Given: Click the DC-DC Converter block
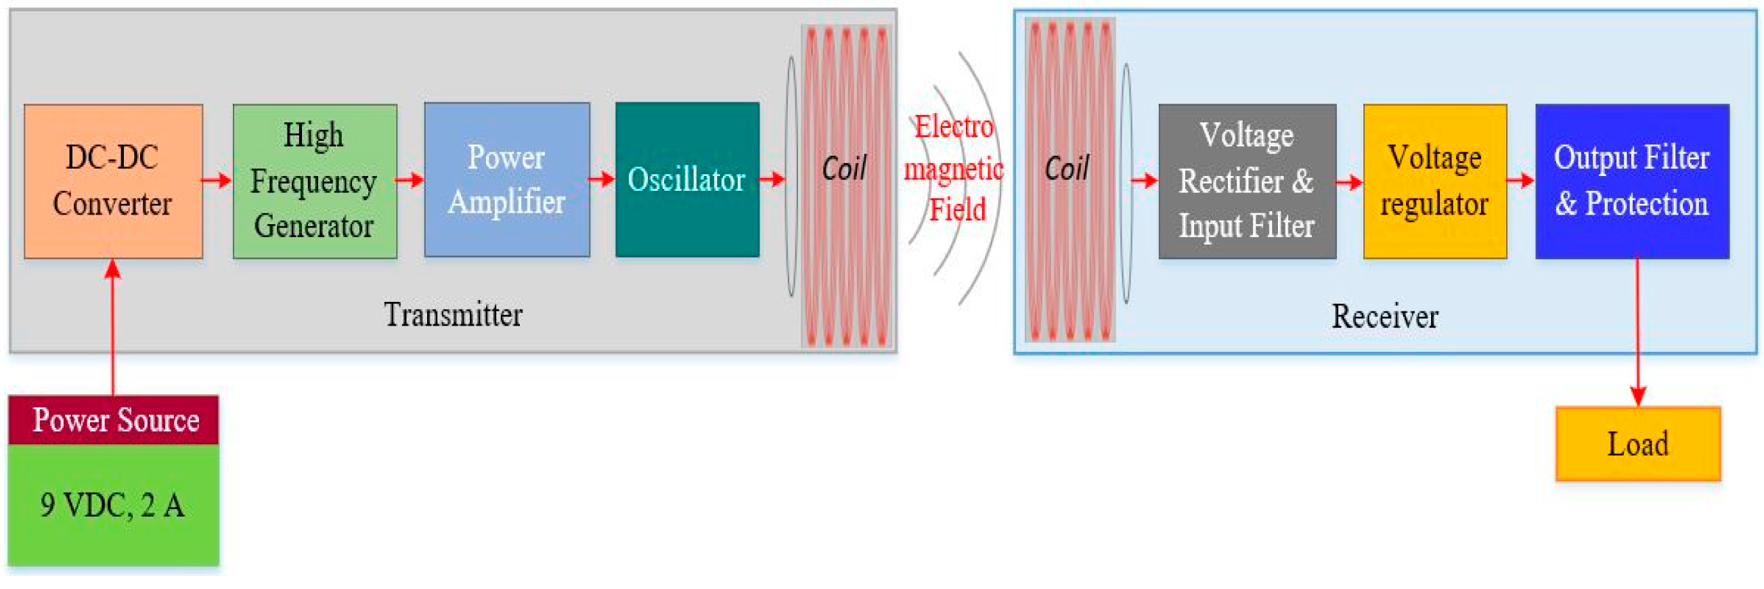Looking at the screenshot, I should click(113, 181).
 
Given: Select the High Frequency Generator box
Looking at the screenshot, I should click(314, 181).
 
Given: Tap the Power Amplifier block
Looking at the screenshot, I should click(507, 179).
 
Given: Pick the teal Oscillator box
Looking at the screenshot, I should click(687, 179).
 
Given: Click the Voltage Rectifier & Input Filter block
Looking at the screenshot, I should click(1246, 181).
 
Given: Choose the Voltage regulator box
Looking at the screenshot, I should click(1434, 181).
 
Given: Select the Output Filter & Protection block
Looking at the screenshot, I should click(1632, 181).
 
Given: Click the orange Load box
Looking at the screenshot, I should click(1637, 444).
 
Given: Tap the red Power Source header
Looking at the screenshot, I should click(114, 419).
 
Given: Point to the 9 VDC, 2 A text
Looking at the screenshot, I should click(112, 506).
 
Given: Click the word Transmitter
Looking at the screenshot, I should click(453, 315).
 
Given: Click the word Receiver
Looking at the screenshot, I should click(1384, 316).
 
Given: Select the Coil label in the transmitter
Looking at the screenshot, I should click(844, 169).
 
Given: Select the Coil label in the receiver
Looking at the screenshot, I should click(1067, 169).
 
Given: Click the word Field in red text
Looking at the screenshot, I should click(956, 210).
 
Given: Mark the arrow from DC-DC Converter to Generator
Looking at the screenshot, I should click(217, 181).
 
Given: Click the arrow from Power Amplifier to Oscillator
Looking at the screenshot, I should click(602, 179).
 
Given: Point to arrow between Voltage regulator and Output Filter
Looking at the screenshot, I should click(1520, 181).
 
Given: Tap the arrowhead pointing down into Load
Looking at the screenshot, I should click(1637, 397).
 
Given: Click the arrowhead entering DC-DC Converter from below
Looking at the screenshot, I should click(113, 269).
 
